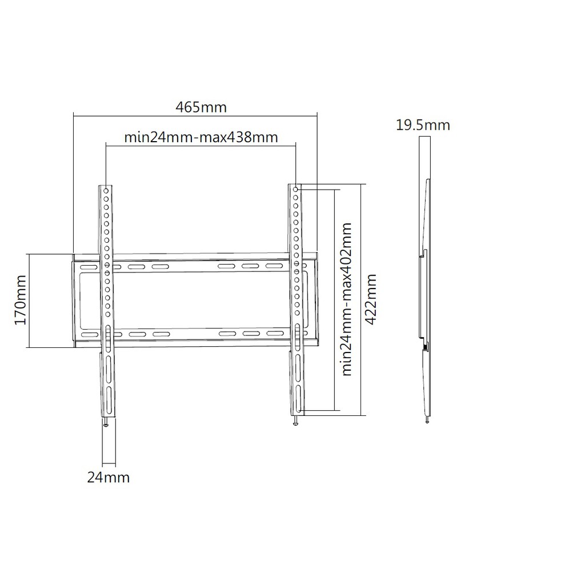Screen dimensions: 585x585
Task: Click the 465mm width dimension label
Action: tap(201, 107)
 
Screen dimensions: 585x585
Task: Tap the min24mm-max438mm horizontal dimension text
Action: tap(201, 137)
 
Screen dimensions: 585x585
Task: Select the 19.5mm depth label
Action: tap(423, 125)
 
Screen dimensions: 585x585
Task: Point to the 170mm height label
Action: tap(20, 300)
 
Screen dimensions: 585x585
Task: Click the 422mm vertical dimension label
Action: tap(370, 299)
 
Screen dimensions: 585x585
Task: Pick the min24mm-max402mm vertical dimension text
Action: tap(347, 299)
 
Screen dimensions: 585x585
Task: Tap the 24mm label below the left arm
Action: tap(108, 478)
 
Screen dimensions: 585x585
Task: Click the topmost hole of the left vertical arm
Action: tap(106, 191)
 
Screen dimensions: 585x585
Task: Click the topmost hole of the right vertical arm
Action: tap(296, 190)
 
